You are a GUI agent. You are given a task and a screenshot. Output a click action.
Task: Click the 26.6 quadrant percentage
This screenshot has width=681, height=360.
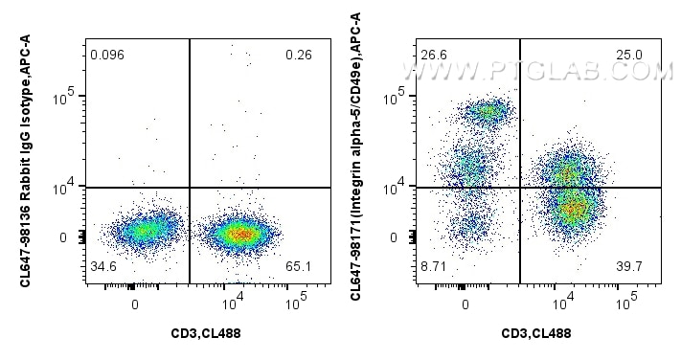click(435, 55)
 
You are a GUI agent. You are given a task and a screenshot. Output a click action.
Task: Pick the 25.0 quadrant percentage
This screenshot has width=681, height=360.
click(630, 55)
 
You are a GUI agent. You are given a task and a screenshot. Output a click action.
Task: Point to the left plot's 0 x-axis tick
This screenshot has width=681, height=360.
click(135, 304)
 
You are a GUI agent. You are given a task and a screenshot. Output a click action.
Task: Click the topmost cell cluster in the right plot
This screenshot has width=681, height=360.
click(487, 112)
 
